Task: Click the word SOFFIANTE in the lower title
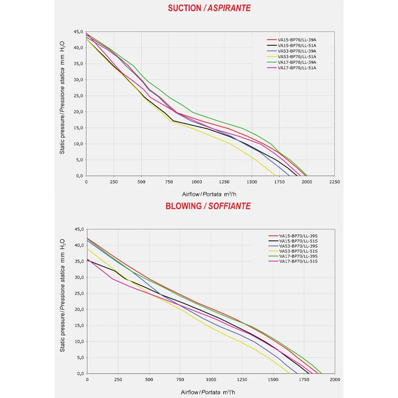[x=230, y=206]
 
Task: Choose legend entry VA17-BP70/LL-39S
[x=298, y=256]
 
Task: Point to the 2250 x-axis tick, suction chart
[x=334, y=182]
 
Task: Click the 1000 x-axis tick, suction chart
[x=197, y=182]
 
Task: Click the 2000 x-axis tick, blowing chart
[x=334, y=380]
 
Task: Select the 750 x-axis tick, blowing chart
[x=180, y=380]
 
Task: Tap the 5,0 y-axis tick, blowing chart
[x=78, y=358]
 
